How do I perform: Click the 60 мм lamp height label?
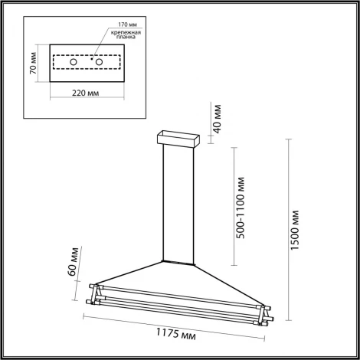click(x=71, y=261)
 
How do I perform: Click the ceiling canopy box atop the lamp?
click(x=178, y=139)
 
